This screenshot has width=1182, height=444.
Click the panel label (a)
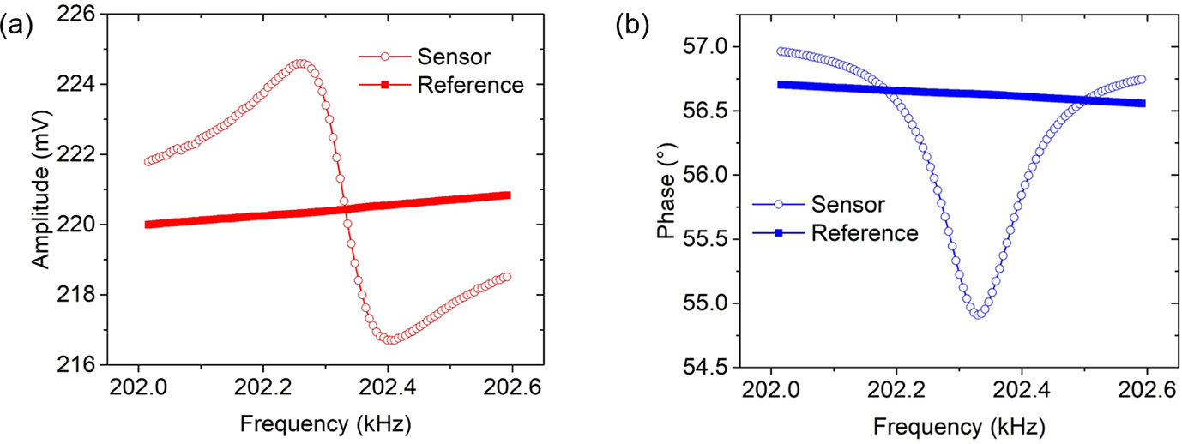tap(16, 25)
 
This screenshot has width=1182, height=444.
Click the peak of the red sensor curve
tap(299, 63)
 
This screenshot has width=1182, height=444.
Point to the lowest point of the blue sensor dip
tap(977, 315)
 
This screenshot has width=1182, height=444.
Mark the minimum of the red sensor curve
tap(390, 340)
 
